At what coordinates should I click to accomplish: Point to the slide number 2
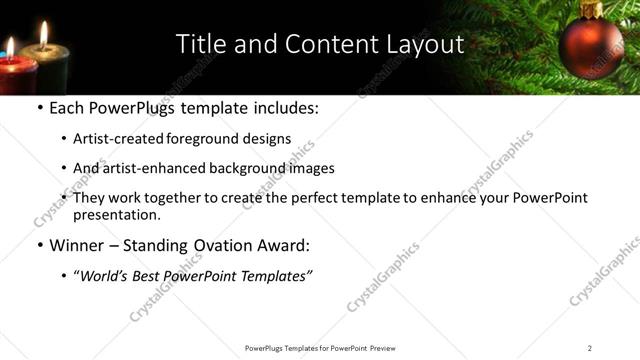tap(590, 348)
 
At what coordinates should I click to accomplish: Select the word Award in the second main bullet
tap(285, 245)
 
